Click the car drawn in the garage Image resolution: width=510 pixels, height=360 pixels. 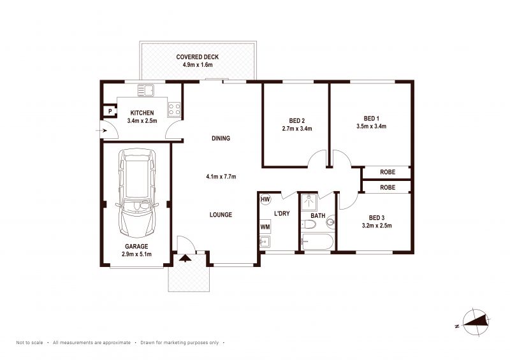tap(137, 193)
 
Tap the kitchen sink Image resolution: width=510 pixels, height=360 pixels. tap(145, 90)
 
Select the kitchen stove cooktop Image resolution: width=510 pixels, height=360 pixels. tap(174, 109)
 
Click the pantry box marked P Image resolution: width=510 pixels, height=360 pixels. tap(110, 112)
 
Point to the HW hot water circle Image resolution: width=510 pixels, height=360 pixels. tap(265, 199)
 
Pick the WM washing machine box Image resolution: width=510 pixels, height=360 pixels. tap(265, 227)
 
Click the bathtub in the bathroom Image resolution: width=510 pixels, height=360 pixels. tap(317, 242)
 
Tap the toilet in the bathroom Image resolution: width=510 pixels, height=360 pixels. tap(309, 224)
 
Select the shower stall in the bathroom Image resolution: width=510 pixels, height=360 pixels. tap(309, 202)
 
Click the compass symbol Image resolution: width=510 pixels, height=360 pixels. tap(475, 321)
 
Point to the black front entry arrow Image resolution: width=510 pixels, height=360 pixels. tap(186, 258)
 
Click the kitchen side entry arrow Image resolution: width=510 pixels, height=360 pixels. tap(102, 131)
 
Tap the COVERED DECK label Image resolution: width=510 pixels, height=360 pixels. tap(198, 57)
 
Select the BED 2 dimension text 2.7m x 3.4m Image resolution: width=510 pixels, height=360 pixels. tap(297, 129)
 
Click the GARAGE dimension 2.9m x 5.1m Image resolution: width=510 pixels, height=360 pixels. tap(136, 254)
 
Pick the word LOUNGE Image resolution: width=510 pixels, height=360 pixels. tap(221, 215)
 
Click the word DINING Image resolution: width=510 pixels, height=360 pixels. tap(221, 138)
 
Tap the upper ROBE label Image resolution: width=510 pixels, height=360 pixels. tap(388, 172)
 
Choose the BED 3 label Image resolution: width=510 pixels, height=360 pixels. tap(377, 217)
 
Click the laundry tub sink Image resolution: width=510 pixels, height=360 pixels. tap(265, 241)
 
